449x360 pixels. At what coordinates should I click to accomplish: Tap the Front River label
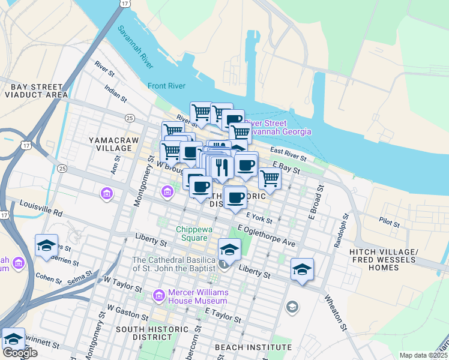pos(166,86)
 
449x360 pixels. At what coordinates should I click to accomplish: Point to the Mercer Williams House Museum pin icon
pos(159,295)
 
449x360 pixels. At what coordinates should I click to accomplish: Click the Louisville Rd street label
pos(41,209)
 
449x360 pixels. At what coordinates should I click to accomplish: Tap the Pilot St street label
pos(390,221)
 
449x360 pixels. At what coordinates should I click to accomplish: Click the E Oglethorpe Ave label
pos(267,236)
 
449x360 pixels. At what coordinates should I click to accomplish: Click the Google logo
pos(19,353)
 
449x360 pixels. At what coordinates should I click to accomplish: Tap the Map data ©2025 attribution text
pos(423,355)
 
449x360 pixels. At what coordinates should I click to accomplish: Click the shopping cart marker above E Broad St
pos(270,178)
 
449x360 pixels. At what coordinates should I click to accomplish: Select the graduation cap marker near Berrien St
pos(47,246)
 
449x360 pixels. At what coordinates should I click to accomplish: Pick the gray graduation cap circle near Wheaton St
pos(292,308)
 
